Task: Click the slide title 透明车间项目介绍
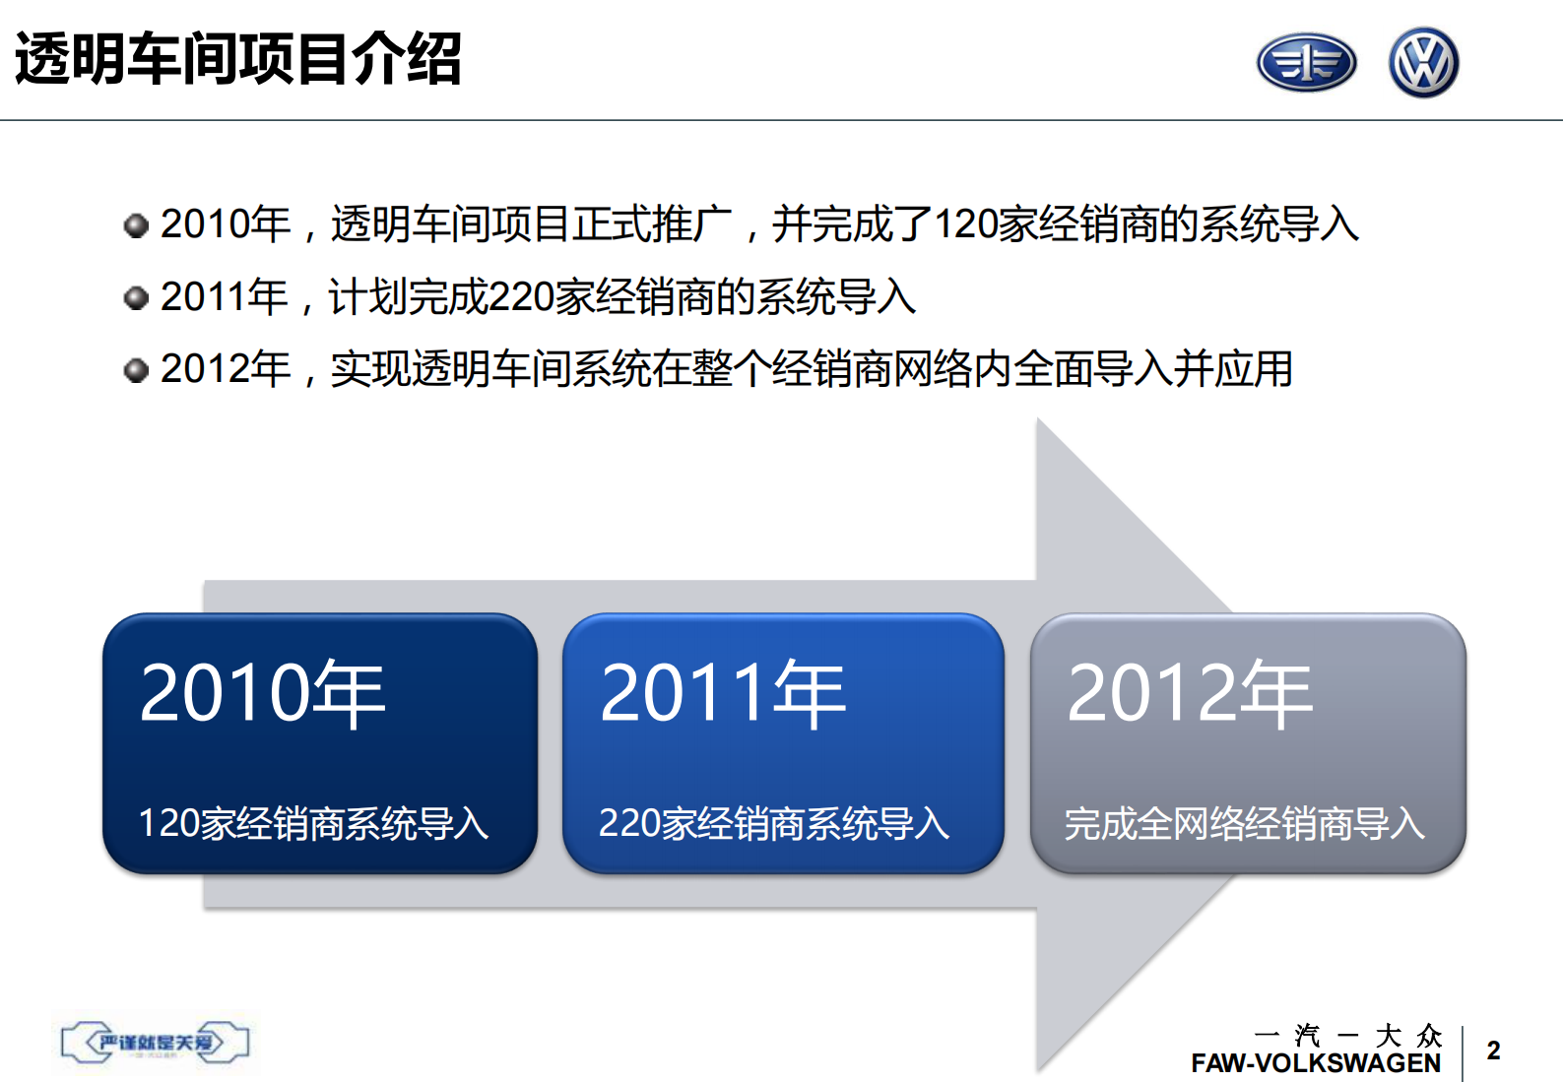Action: click(x=238, y=59)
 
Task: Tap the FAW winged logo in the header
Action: click(x=1306, y=63)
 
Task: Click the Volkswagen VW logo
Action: click(x=1423, y=63)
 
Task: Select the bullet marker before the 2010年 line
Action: click(x=136, y=225)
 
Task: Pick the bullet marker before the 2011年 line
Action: click(x=136, y=297)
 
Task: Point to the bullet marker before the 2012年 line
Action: click(x=136, y=370)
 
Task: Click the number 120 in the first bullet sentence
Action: click(x=965, y=224)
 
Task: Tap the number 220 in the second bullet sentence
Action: click(x=520, y=297)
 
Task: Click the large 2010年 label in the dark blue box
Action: click(x=262, y=694)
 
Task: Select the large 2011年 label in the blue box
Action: click(x=722, y=694)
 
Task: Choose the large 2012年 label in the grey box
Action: click(x=1189, y=694)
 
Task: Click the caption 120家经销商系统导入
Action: click(x=313, y=824)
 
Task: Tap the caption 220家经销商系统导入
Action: click(x=774, y=824)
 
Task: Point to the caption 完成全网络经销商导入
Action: click(x=1244, y=824)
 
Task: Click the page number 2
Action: click(x=1493, y=1050)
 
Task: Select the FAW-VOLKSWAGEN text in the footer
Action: click(x=1315, y=1064)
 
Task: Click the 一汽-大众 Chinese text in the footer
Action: click(x=1347, y=1036)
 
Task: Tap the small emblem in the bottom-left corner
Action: click(x=155, y=1043)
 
